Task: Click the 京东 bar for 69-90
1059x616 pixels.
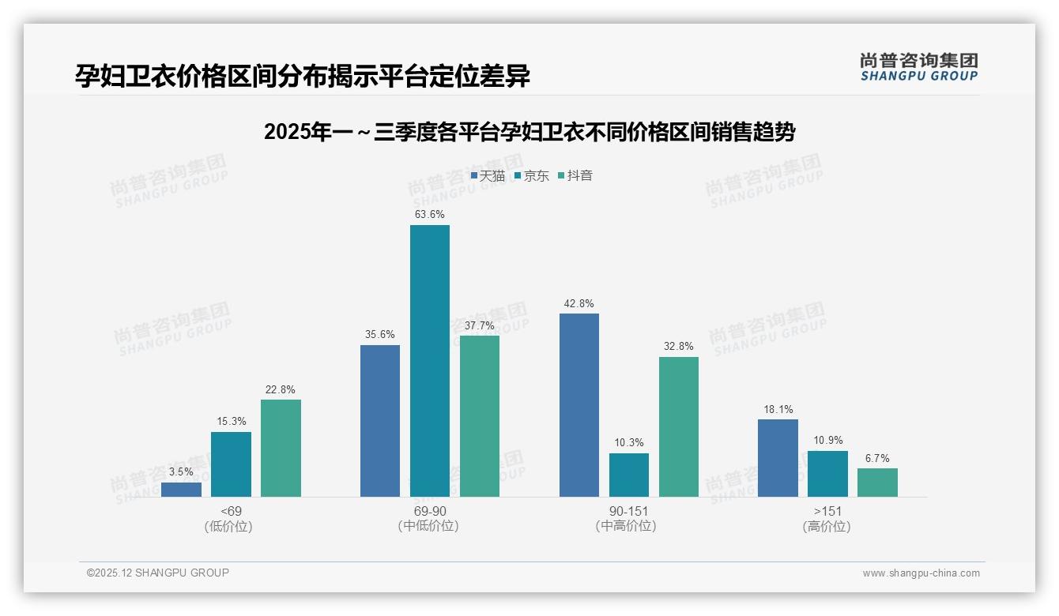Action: coord(429,360)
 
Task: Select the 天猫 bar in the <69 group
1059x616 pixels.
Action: coord(181,489)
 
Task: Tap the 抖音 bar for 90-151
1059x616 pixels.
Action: coord(678,426)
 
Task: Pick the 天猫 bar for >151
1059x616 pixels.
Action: coord(778,457)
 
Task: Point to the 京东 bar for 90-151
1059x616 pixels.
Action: coord(628,475)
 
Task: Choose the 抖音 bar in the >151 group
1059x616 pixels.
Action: coord(877,482)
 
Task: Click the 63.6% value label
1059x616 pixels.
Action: coord(429,214)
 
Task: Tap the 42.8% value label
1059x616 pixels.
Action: coord(578,303)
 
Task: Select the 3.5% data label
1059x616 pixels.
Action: coord(181,471)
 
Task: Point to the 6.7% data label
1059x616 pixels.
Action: coord(877,458)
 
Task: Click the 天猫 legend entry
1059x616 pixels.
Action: coord(488,176)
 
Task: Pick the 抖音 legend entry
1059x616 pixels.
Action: coord(575,176)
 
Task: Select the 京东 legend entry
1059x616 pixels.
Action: coord(532,176)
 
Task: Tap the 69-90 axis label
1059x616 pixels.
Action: coord(429,511)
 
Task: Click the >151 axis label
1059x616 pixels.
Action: coord(827,511)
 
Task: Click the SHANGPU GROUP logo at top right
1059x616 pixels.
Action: coord(918,67)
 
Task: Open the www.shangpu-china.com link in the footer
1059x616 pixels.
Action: coord(921,573)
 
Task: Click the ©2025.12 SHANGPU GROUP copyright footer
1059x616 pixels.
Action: coord(158,573)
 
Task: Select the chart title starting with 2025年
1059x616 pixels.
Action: coord(529,133)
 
